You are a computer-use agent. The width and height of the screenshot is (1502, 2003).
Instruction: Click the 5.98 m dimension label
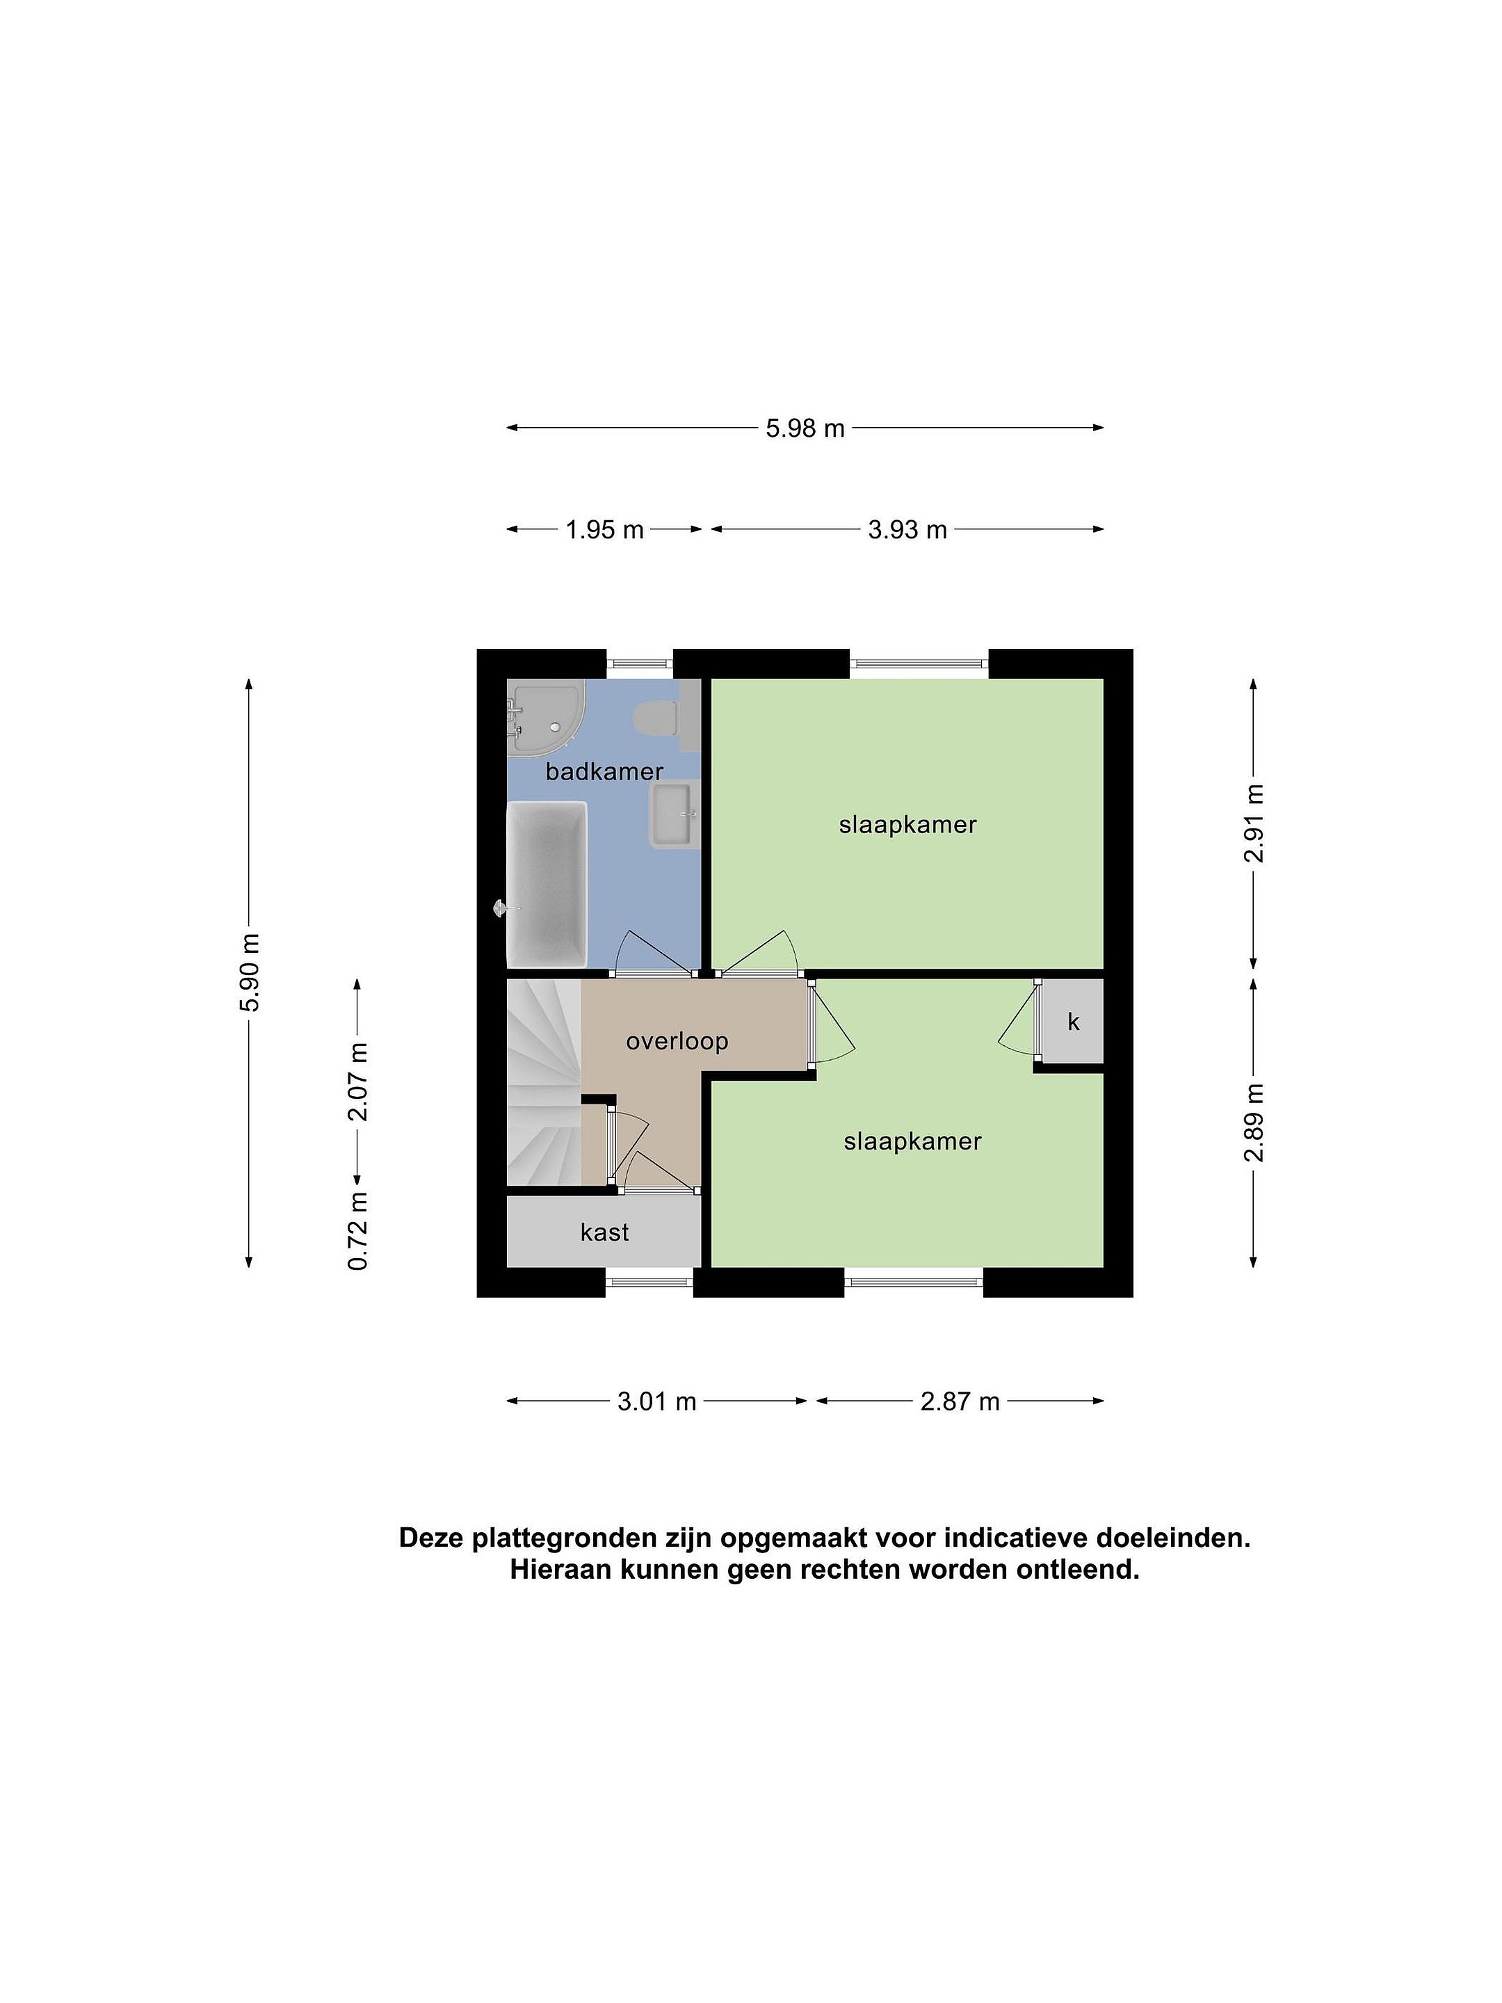(804, 428)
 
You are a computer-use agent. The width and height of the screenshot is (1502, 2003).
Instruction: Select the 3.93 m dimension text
(907, 530)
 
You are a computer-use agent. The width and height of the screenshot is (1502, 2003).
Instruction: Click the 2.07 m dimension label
(359, 1081)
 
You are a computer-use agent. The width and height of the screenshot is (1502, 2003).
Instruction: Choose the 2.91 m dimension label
(1254, 823)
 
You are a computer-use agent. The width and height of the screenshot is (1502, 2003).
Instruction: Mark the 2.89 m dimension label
(1254, 1122)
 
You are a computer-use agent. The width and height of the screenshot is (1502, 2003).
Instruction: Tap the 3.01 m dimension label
(656, 1401)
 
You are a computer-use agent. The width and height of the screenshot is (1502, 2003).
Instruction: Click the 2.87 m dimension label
(960, 1401)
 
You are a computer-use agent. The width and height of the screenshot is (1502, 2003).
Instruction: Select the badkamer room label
(604, 771)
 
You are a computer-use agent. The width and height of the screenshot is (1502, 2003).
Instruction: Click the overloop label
(677, 1041)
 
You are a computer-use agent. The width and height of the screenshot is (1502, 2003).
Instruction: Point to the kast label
(605, 1232)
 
